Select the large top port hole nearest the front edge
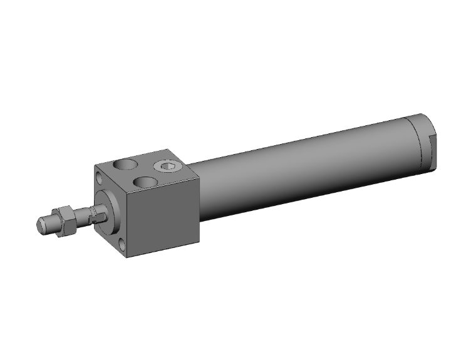pos(145,182)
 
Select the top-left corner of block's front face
pos(94,166)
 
